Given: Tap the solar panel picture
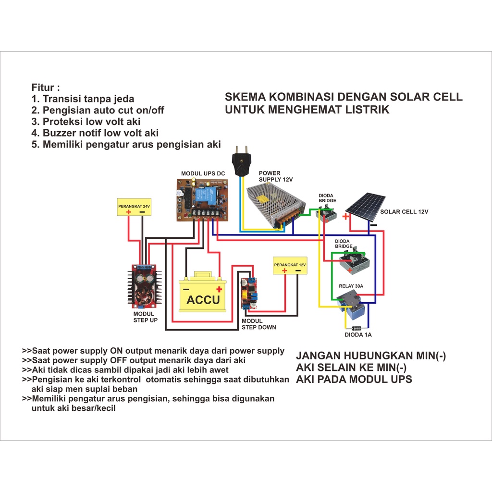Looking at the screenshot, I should [365, 207].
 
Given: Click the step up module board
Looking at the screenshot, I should [144, 287].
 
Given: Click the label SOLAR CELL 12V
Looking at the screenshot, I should [404, 211].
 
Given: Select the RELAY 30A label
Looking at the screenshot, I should [351, 286].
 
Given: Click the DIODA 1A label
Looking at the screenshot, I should [358, 335].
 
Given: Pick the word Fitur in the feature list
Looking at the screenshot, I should [46, 87].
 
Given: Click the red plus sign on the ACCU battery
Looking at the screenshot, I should [219, 289].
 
